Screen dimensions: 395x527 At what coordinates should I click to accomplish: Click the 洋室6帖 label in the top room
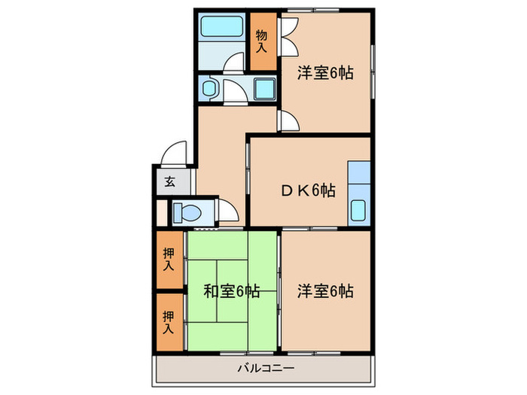324,73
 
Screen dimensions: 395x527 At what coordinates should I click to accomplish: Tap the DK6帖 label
308,191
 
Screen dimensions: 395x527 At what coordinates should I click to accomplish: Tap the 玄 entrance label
169,181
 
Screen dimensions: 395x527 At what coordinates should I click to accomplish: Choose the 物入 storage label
261,41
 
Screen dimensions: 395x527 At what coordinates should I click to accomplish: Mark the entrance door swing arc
175,153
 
